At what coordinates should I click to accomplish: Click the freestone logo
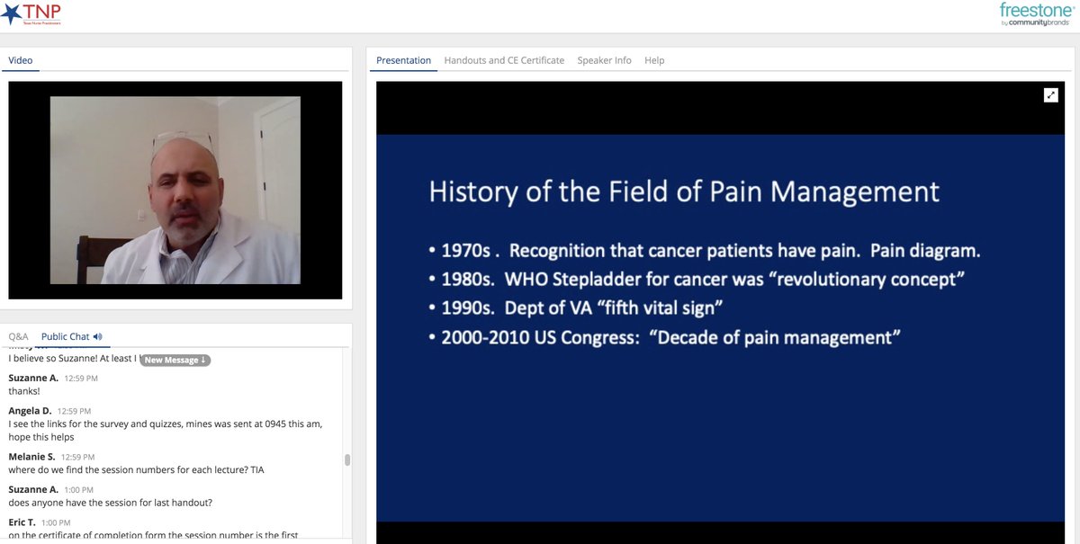pyautogui.click(x=1036, y=13)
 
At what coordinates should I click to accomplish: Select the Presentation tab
pyautogui.click(x=403, y=60)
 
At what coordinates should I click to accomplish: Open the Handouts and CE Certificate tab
pyautogui.click(x=504, y=60)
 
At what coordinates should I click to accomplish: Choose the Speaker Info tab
pyautogui.click(x=604, y=60)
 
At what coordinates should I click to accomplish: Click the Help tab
pyautogui.click(x=654, y=60)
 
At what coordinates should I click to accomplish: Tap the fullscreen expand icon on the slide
pyautogui.click(x=1050, y=95)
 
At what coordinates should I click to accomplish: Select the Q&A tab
pyautogui.click(x=18, y=336)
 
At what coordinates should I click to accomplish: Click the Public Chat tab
pyautogui.click(x=66, y=336)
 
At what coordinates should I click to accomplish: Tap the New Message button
pyautogui.click(x=175, y=360)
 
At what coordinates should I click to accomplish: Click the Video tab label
pyautogui.click(x=20, y=60)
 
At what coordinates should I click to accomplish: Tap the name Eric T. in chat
pyautogui.click(x=25, y=522)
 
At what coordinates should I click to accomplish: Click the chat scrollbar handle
pyautogui.click(x=347, y=459)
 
